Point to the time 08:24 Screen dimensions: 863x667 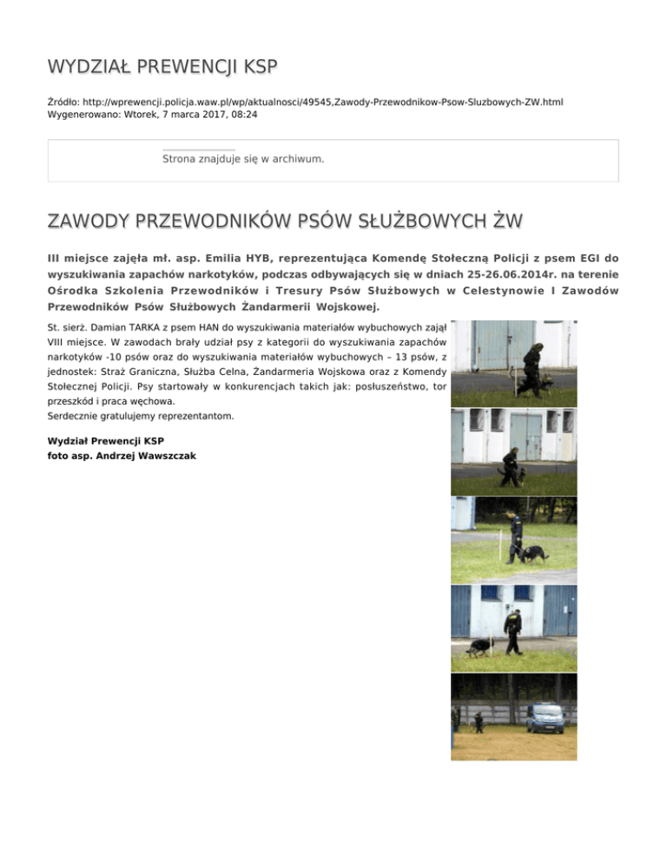(243, 114)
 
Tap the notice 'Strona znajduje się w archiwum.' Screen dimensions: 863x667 (243, 160)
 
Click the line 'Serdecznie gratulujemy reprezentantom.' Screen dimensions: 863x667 (141, 416)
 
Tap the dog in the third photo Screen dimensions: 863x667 (534, 555)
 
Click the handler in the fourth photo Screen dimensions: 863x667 (514, 631)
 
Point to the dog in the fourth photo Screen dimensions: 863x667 (479, 648)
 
